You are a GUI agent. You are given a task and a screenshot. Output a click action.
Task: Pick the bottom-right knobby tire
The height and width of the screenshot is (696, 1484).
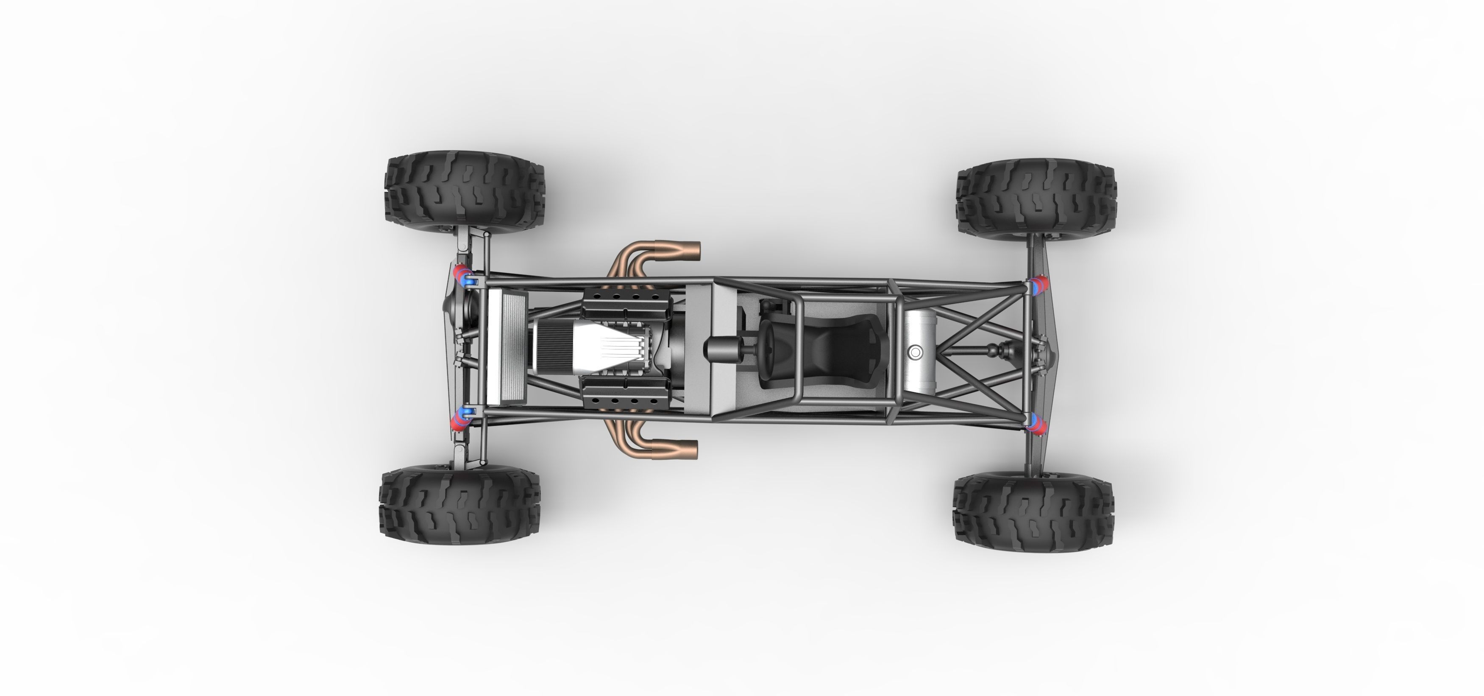(1033, 500)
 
